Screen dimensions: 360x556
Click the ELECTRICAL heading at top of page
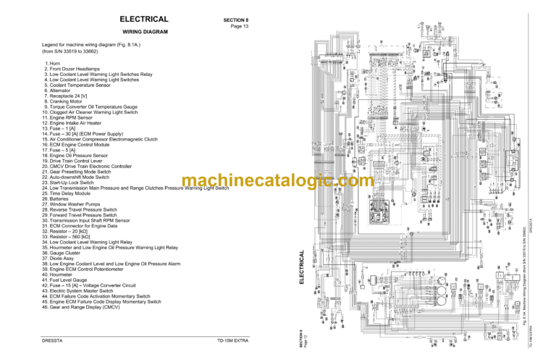(x=144, y=20)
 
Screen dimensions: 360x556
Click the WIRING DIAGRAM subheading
(x=145, y=33)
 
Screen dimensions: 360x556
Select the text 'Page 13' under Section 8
(x=240, y=26)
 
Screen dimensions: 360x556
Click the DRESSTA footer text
(x=56, y=340)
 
